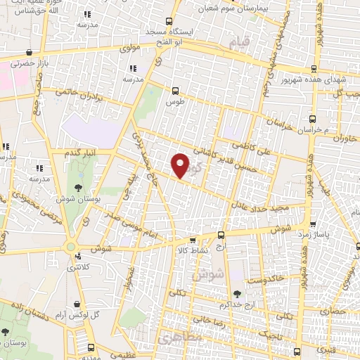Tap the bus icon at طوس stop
tap(175, 90)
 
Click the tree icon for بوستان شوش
tap(79, 188)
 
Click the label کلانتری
tap(79, 267)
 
